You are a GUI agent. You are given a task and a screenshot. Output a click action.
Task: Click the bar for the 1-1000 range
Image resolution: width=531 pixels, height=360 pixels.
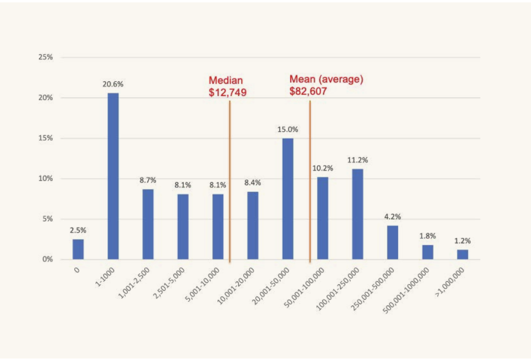pyautogui.click(x=113, y=176)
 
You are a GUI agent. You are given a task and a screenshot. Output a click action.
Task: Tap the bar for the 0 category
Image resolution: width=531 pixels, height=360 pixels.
pyautogui.click(x=78, y=249)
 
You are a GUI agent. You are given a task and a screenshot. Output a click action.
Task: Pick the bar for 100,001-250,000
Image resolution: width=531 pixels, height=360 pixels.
pyautogui.click(x=357, y=214)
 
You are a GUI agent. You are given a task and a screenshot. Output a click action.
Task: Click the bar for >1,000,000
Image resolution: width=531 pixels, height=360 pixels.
pyautogui.click(x=462, y=254)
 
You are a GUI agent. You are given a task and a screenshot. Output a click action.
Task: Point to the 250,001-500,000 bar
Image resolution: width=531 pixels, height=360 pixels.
pyautogui.click(x=392, y=242)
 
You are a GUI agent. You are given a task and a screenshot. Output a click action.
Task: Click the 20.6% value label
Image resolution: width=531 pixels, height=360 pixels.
pyautogui.click(x=113, y=84)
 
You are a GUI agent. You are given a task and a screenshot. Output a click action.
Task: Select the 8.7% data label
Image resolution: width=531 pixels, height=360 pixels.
pyautogui.click(x=148, y=180)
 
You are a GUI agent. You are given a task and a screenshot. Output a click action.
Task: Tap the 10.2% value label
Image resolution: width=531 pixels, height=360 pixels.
pyautogui.click(x=323, y=168)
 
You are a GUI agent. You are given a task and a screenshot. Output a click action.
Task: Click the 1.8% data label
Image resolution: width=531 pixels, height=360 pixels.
pyautogui.click(x=427, y=236)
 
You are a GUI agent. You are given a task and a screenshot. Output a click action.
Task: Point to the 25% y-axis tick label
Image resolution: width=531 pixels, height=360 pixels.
pyautogui.click(x=45, y=57)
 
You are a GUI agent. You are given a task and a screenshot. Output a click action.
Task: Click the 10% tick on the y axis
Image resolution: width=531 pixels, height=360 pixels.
pyautogui.click(x=45, y=179)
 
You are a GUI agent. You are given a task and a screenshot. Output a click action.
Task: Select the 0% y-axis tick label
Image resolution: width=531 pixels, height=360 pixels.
pyautogui.click(x=47, y=259)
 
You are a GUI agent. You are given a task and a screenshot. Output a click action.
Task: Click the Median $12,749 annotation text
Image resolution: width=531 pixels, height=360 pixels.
pyautogui.click(x=227, y=86)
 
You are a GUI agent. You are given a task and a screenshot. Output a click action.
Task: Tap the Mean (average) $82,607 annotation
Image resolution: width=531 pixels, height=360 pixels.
pyautogui.click(x=326, y=85)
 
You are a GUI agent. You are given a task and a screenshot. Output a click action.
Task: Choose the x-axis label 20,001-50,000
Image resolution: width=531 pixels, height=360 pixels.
pyautogui.click(x=270, y=286)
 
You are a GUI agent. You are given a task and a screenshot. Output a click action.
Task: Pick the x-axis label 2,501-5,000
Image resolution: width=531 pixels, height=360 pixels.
pyautogui.click(x=169, y=283)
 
